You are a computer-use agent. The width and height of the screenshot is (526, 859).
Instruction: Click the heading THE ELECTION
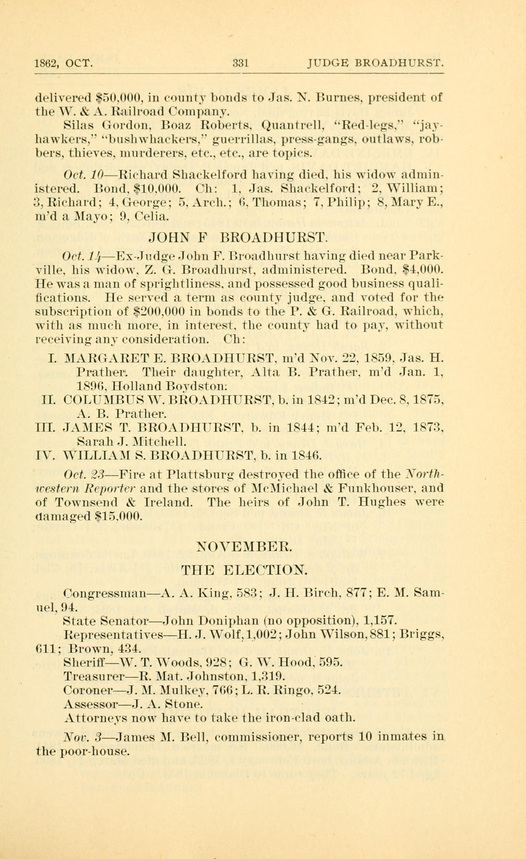[245, 571]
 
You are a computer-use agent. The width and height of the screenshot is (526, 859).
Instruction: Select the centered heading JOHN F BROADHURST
[238, 238]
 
